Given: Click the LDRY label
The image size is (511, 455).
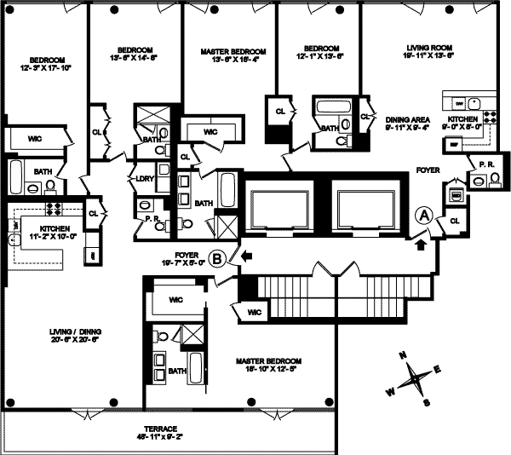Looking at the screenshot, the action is click(x=143, y=179).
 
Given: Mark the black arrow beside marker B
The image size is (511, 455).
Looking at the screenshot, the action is click(x=246, y=254).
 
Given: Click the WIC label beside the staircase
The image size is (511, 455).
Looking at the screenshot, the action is click(x=253, y=314).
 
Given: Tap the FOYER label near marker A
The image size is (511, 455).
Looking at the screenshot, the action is click(x=428, y=170).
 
